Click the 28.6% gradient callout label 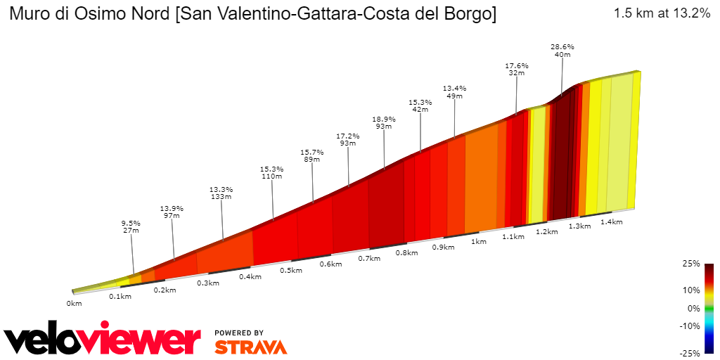pos(562,46)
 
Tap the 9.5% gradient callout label pos(131,223)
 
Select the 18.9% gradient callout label pos(384,119)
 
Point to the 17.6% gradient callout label pos(517,65)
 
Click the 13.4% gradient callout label pos(454,88)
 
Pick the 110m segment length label pos(271,176)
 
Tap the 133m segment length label pos(221,197)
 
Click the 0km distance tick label pos(75,303)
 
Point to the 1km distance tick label pos(479,241)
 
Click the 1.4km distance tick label pos(612,221)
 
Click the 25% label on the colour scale pos(692,264)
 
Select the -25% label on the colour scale pos(690,353)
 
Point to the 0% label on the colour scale pos(694,308)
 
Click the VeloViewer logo pos(103,340)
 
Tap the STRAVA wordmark pos(250,347)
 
